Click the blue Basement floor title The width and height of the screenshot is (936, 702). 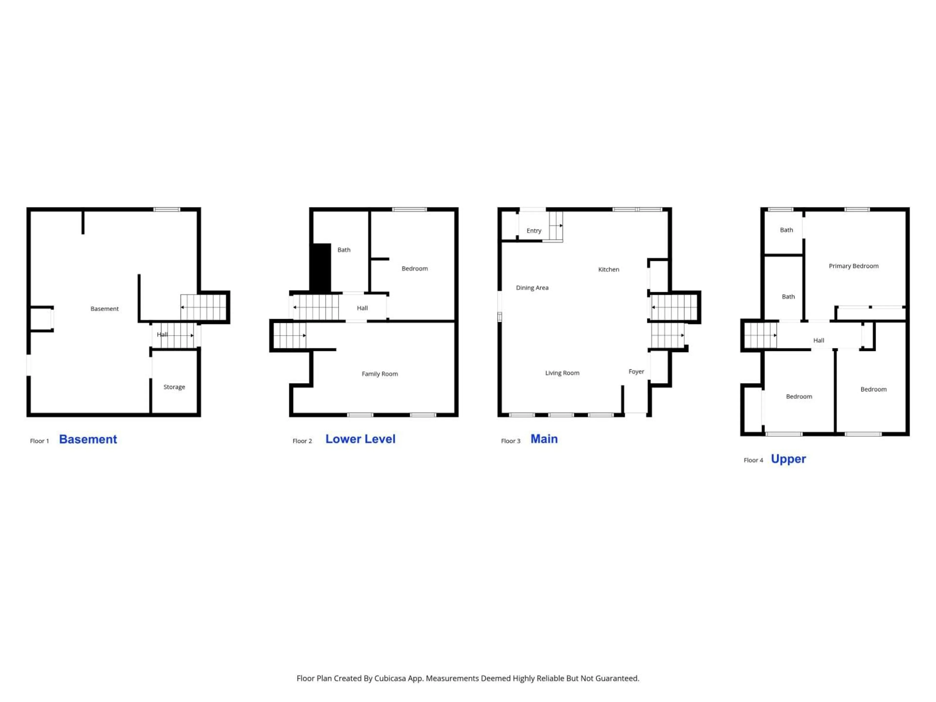(x=88, y=439)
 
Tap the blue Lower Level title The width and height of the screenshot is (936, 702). (x=361, y=439)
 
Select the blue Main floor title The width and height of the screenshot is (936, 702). (x=544, y=439)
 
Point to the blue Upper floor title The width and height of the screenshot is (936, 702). (x=788, y=459)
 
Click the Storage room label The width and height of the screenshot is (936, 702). (x=174, y=387)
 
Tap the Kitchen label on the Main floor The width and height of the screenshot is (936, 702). (x=608, y=270)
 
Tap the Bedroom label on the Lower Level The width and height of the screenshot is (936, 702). (x=415, y=269)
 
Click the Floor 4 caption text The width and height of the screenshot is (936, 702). (x=753, y=460)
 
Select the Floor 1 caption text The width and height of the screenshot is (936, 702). (x=39, y=441)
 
